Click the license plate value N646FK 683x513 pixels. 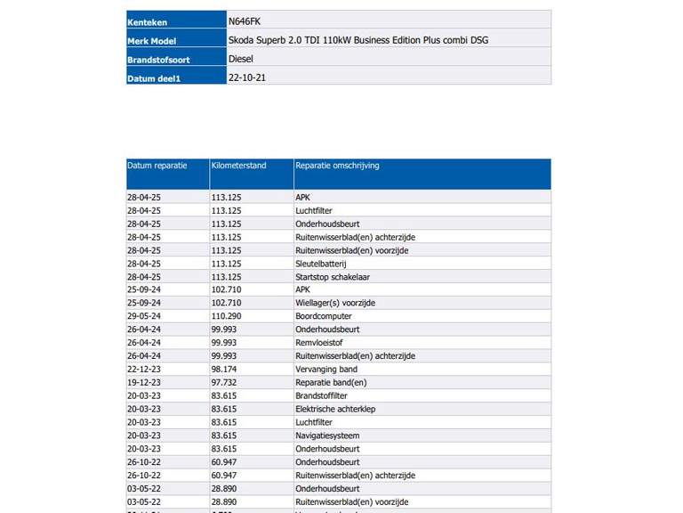245,21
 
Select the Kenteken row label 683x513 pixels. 148,22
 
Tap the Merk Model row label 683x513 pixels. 152,41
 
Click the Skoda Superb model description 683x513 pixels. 358,40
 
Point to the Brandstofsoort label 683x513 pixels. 158,60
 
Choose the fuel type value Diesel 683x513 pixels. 241,59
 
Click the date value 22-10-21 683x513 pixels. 247,77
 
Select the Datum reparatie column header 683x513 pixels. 157,166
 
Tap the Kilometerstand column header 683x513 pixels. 238,166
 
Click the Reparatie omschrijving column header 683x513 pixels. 337,166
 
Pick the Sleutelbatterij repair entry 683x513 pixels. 320,264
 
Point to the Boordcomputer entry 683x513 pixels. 323,316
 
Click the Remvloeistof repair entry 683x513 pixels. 320,342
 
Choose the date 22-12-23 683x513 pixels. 144,369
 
